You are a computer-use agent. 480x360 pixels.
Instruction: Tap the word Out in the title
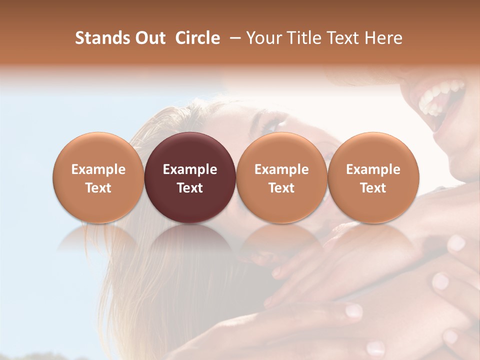(149, 38)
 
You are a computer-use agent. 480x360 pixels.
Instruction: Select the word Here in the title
(384, 38)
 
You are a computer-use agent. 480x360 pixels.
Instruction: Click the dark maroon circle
(190, 177)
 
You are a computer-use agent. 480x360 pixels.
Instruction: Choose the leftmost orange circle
(98, 177)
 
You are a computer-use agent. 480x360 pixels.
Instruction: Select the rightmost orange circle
(373, 177)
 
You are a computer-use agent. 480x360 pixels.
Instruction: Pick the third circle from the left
(281, 177)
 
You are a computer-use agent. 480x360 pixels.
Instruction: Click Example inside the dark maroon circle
(190, 169)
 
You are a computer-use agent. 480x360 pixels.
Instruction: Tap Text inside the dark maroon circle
(190, 188)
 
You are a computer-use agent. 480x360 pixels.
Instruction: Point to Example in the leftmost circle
(98, 169)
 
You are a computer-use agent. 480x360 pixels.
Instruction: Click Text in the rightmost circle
(373, 188)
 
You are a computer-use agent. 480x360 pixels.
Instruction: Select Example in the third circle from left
(281, 169)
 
